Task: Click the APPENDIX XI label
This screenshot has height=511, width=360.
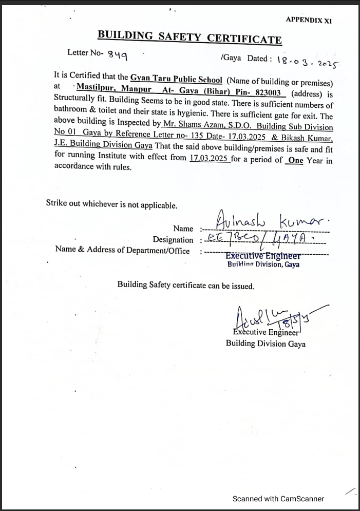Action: pos(309,20)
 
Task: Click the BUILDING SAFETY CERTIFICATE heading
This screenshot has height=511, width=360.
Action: pos(190,37)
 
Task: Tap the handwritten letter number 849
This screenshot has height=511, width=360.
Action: pos(118,55)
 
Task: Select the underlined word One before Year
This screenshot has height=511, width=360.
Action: pos(295,160)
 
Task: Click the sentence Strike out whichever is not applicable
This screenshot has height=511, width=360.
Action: pos(111,204)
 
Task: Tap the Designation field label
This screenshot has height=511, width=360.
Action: pos(173,240)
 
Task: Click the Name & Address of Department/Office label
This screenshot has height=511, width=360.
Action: pos(122,251)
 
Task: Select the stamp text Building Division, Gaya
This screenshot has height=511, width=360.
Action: pos(263,264)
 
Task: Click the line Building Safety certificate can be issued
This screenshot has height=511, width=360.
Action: pos(185,286)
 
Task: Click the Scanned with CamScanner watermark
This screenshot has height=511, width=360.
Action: pos(278,498)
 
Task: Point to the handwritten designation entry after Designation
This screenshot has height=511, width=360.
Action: pos(263,239)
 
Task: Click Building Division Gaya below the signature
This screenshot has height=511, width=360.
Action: pos(266,344)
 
